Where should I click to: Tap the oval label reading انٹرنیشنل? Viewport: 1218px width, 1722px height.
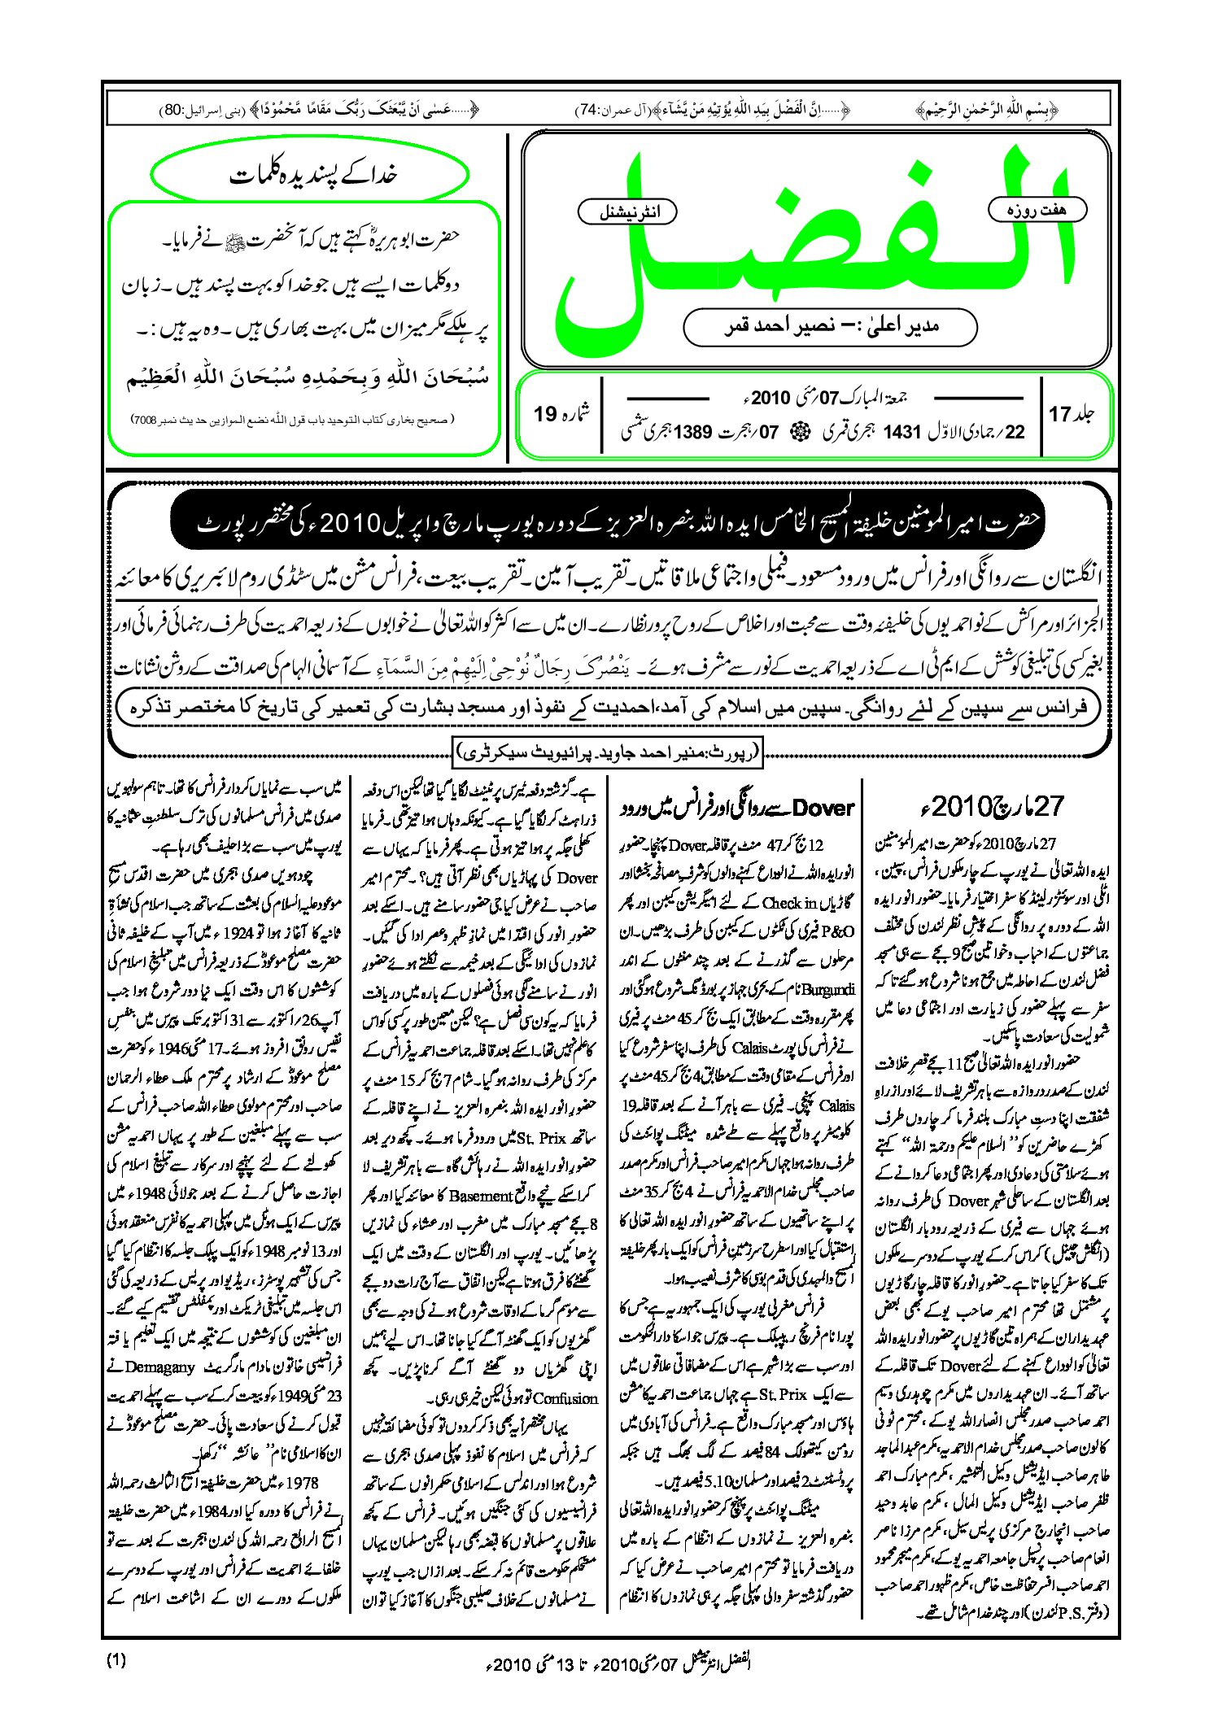[x=627, y=212]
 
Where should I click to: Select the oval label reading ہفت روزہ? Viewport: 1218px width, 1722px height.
[x=1037, y=210]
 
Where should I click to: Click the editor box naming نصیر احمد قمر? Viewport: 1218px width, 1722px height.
[x=830, y=326]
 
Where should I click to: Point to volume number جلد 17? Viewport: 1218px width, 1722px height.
[x=1071, y=414]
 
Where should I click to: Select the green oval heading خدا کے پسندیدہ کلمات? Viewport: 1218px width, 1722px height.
[x=311, y=175]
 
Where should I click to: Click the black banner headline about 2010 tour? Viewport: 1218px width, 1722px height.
[x=607, y=523]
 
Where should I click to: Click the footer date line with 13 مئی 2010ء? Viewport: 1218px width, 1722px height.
[x=618, y=1663]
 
